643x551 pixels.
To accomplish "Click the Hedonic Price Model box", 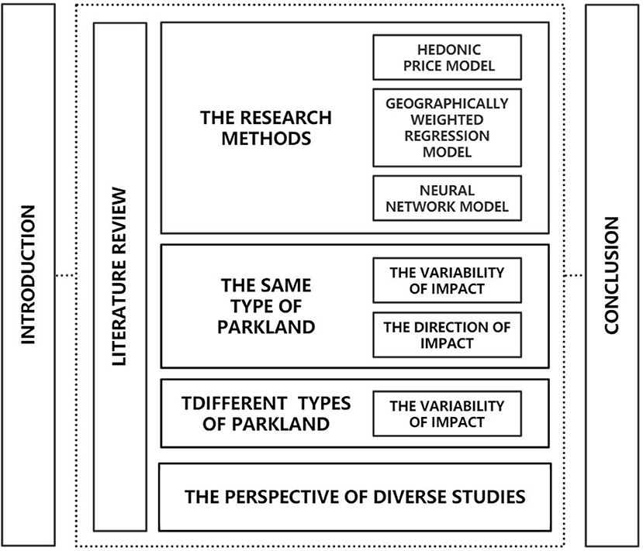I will pyautogui.click(x=444, y=57).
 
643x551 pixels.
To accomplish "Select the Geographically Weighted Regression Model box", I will pyautogui.click(x=444, y=128).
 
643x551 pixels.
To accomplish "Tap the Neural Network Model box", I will pyautogui.click(x=444, y=198).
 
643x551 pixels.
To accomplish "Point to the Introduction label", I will pyautogui.click(x=29, y=274).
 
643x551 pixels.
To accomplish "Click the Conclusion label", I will pyautogui.click(x=611, y=274).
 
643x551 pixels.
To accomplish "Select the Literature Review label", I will pyautogui.click(x=119, y=274).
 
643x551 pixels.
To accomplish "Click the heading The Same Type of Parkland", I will pyautogui.click(x=266, y=306).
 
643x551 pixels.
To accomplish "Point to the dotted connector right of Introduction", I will pyautogui.click(x=65, y=275).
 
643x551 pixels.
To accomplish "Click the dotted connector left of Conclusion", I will pyautogui.click(x=575, y=275).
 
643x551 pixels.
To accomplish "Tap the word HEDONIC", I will pyautogui.click(x=444, y=48).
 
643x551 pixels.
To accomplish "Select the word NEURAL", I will pyautogui.click(x=444, y=189).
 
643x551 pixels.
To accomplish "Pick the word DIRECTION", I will pyautogui.click(x=454, y=327).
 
